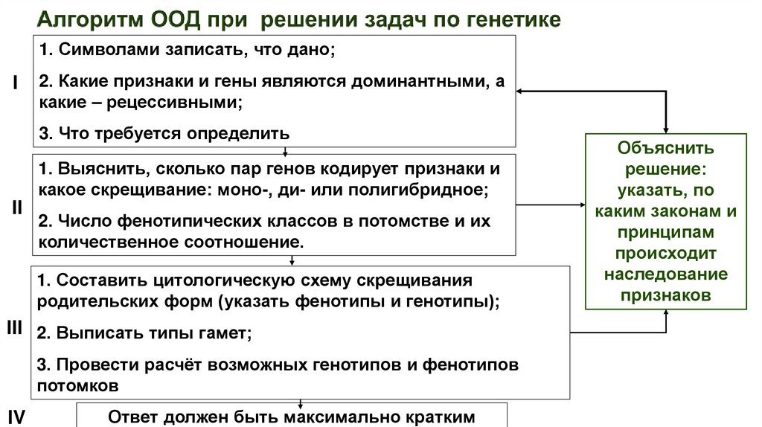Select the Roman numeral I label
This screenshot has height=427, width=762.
[15, 83]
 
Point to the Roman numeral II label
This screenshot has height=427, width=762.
[16, 208]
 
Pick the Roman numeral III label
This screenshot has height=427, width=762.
[15, 328]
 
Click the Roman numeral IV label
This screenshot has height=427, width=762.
[16, 417]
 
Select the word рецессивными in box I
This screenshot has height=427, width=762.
[175, 103]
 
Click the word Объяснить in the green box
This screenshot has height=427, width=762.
[665, 147]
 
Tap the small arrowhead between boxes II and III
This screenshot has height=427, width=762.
[291, 261]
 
